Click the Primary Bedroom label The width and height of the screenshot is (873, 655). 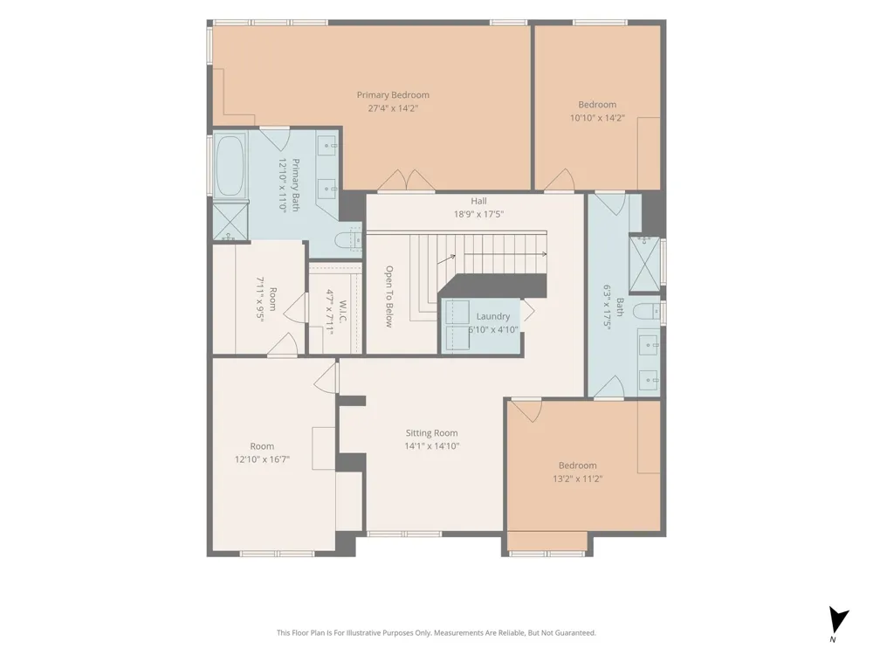[x=393, y=94]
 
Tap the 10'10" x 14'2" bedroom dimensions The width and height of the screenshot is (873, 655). [x=597, y=118]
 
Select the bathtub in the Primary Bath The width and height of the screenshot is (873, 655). [x=230, y=165]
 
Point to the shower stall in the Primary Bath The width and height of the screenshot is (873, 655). [x=230, y=222]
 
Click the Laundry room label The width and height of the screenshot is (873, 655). [x=492, y=316]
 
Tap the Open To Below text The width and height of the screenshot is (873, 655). [x=389, y=296]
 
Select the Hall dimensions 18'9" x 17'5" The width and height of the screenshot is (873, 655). [x=478, y=214]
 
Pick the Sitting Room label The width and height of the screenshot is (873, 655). [x=431, y=433]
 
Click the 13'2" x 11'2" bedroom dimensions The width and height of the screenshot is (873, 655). [x=578, y=479]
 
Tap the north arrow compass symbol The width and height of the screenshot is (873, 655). [x=838, y=620]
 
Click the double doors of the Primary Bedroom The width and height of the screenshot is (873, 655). [x=407, y=181]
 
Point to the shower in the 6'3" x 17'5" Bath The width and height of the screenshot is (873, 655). [x=644, y=264]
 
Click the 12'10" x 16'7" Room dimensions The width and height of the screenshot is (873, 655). [x=262, y=459]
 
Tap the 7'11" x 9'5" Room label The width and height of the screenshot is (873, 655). [x=272, y=299]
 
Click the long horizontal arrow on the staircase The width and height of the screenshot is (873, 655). [x=505, y=254]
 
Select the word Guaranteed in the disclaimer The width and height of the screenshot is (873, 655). [x=576, y=632]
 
